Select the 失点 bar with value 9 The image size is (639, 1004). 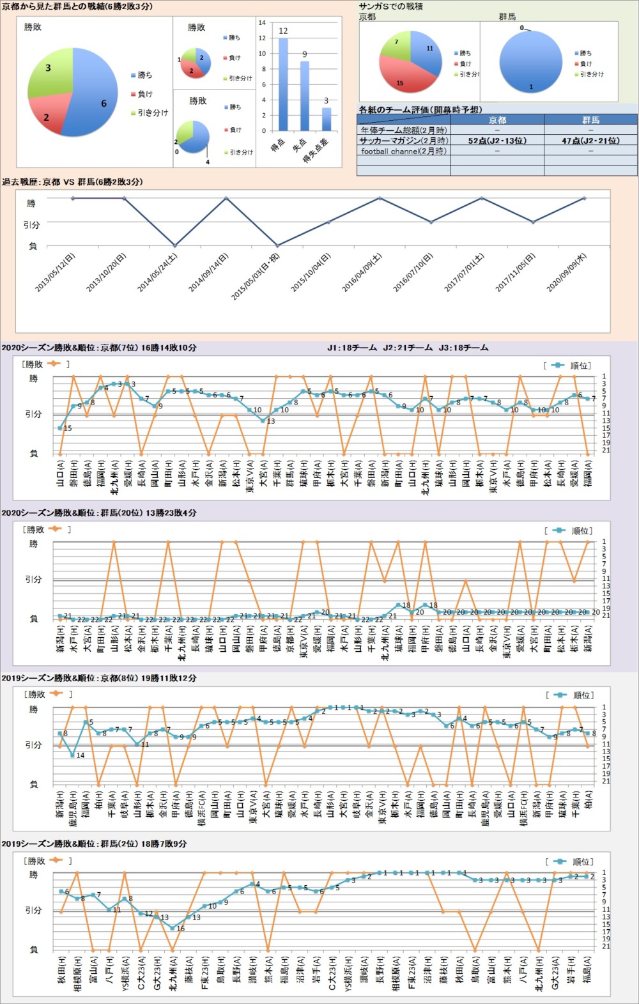[x=305, y=96]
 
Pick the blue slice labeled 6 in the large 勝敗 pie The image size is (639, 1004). [x=96, y=96]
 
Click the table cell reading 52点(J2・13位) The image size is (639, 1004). [x=497, y=141]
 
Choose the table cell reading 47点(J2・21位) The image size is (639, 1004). [x=590, y=141]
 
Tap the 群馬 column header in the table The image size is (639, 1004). [x=590, y=120]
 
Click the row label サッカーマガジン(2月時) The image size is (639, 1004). [x=404, y=141]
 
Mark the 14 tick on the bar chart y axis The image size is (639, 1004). [x=262, y=22]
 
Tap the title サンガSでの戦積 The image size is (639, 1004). [x=391, y=6]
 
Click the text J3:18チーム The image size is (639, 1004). [x=463, y=348]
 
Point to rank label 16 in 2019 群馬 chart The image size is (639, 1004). [x=180, y=929]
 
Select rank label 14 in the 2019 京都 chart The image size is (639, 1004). [x=81, y=755]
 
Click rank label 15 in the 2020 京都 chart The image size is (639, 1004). [x=68, y=428]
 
